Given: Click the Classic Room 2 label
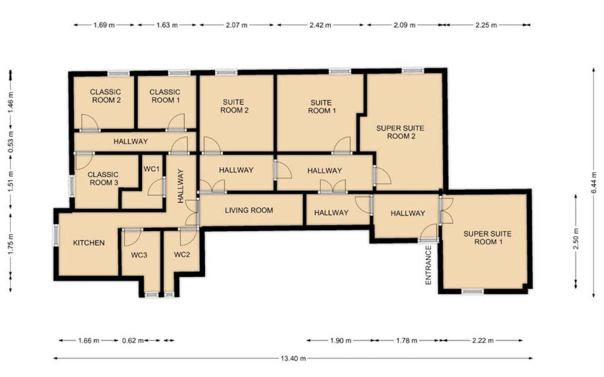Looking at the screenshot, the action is point(105,96).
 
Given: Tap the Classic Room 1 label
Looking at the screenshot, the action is point(165,96).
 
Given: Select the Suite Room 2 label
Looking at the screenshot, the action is point(234,106).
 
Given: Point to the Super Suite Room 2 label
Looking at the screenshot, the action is point(400,132).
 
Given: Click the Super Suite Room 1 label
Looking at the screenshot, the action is point(488,237).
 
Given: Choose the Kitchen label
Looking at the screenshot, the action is point(89,243).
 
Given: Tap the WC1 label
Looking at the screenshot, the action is point(152,169).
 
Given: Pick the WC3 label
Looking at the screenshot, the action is point(139,254).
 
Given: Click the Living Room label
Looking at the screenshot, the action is point(249,210).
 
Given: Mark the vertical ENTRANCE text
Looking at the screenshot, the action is point(428,265).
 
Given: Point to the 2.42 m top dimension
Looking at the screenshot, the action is point(320,25).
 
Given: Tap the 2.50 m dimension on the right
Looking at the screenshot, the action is point(576,239).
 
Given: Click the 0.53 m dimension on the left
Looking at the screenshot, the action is point(11,142).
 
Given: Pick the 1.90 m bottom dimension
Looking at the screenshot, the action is point(340,340).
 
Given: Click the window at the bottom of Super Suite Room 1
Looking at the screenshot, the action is point(472,292).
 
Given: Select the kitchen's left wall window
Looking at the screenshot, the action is point(56,235).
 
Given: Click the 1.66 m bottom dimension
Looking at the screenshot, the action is point(89,340).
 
